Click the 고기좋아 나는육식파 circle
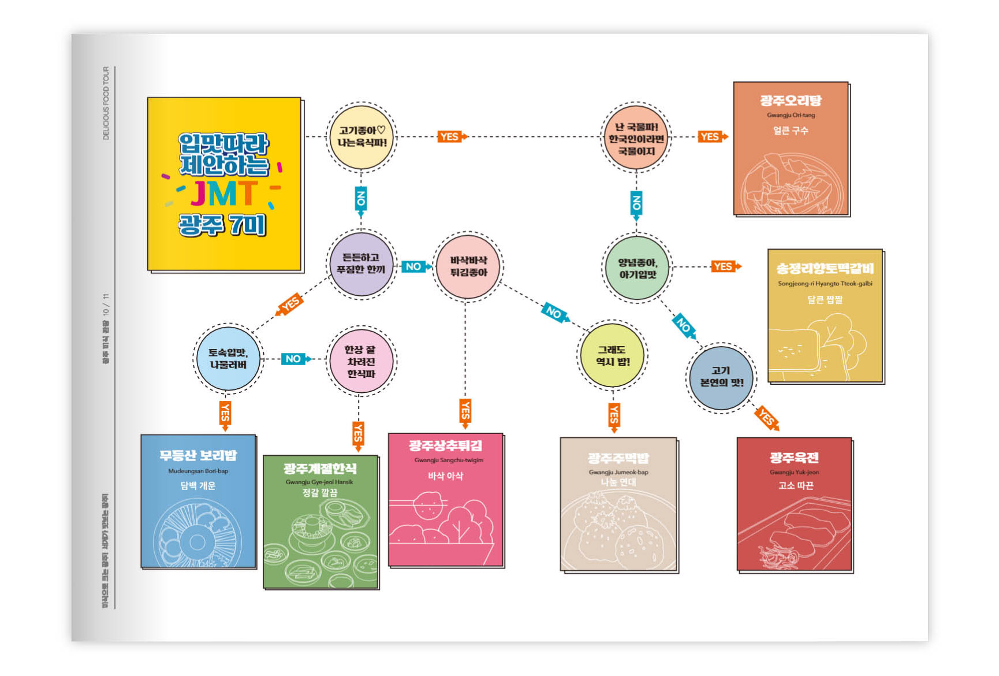[x=361, y=137]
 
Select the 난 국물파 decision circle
[x=636, y=138]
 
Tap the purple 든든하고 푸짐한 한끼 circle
[x=361, y=264]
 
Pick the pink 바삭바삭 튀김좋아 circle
[x=468, y=266]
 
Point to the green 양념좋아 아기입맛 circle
[x=638, y=268]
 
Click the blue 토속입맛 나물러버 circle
[x=228, y=359]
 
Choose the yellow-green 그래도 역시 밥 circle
[x=613, y=355]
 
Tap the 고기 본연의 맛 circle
[x=721, y=377]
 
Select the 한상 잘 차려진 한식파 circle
[x=361, y=362]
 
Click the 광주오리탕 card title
[x=791, y=101]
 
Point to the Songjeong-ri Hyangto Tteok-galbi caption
[x=825, y=284]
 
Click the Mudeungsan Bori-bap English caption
[x=198, y=471]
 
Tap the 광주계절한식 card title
[x=320, y=469]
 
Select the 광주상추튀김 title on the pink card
[x=445, y=445]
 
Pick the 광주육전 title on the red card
[x=794, y=458]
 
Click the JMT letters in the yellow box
[x=224, y=194]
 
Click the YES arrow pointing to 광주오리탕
[x=711, y=137]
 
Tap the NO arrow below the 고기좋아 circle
[x=361, y=200]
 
